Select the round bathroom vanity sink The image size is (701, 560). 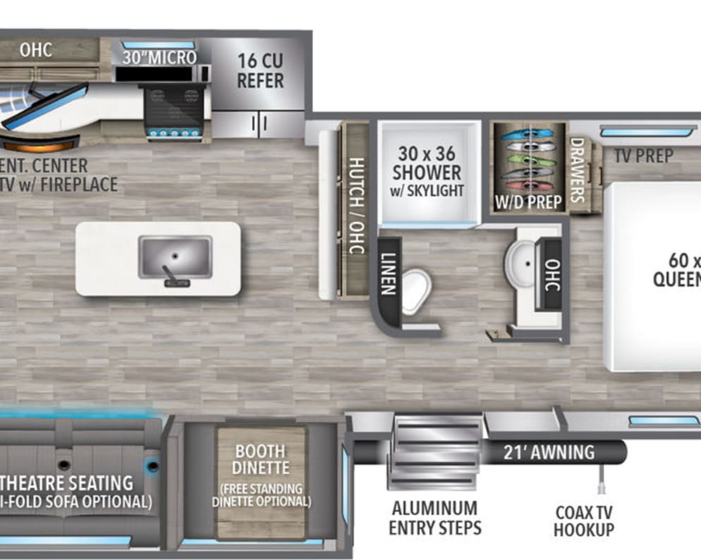[520, 262]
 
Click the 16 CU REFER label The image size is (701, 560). [260, 71]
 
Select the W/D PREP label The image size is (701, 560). [528, 202]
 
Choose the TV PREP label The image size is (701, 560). [643, 156]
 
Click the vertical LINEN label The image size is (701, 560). [389, 274]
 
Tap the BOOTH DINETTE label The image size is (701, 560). [261, 459]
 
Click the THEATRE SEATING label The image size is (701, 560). [66, 483]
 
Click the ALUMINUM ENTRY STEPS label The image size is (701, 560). [434, 518]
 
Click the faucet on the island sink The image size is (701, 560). [169, 273]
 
